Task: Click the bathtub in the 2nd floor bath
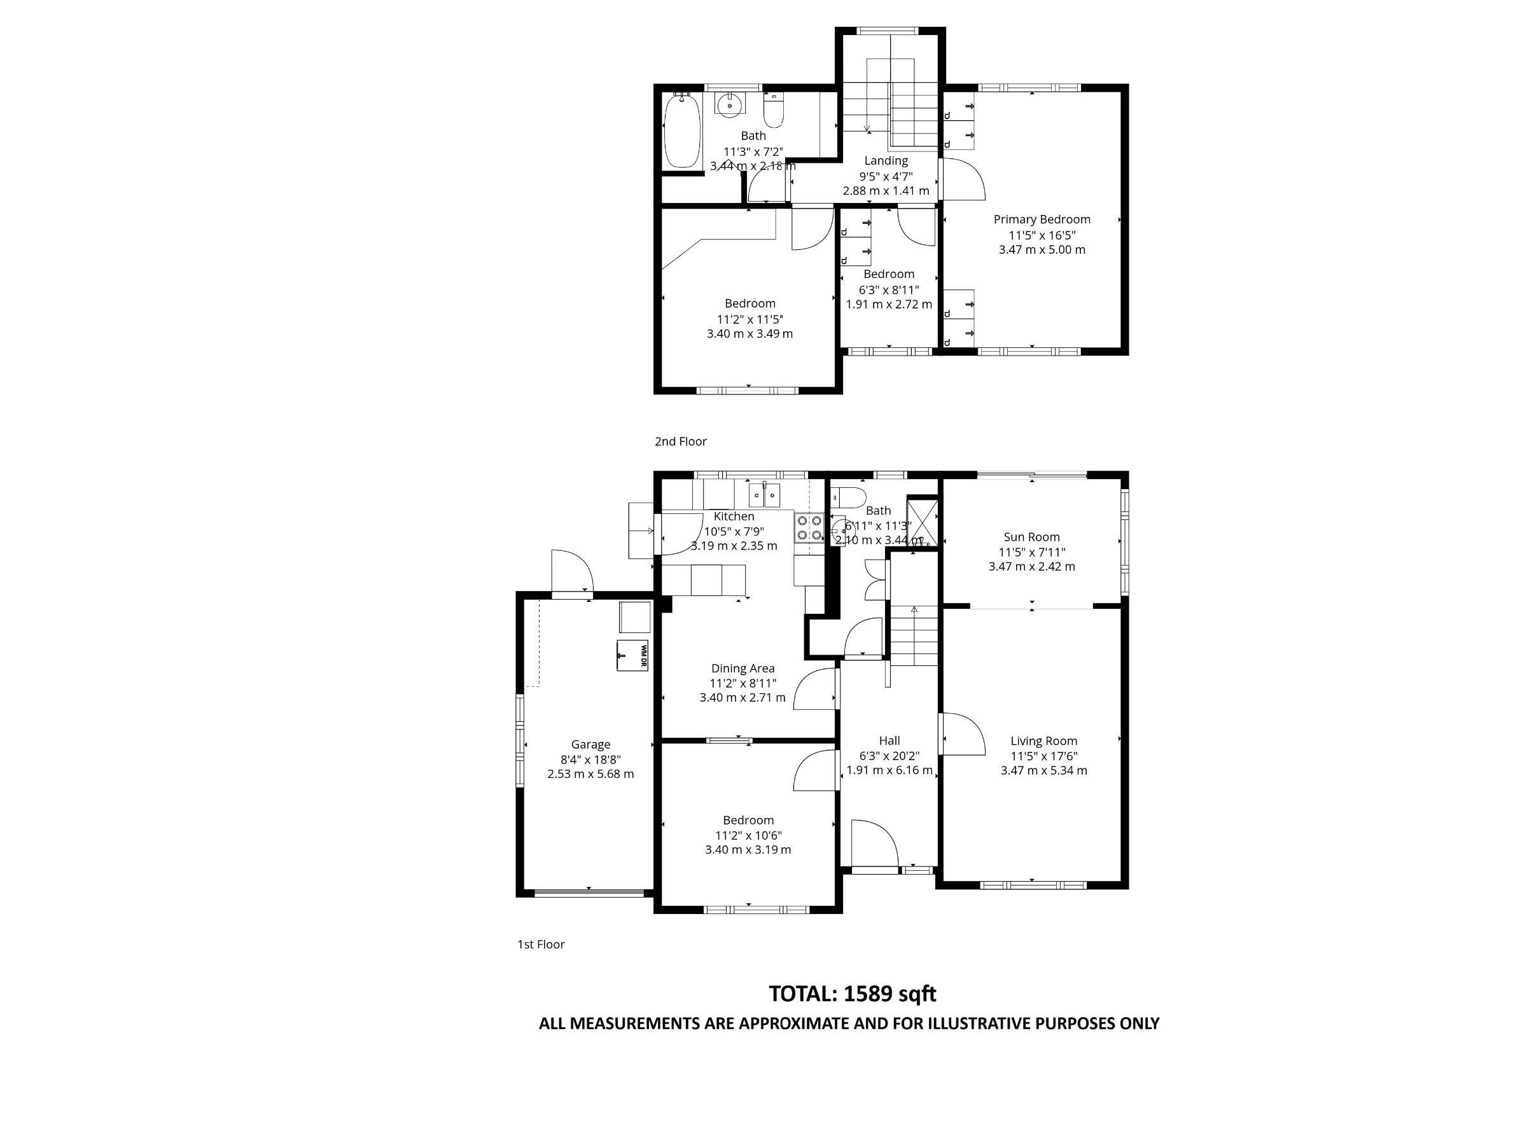pyautogui.click(x=682, y=131)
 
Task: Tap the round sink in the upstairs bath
pyautogui.click(x=730, y=106)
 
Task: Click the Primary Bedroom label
pyautogui.click(x=1042, y=219)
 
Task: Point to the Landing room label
pyautogui.click(x=886, y=161)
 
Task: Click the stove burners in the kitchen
pyautogui.click(x=809, y=527)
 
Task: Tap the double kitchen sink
pyautogui.click(x=765, y=495)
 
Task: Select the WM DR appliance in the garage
pyautogui.click(x=632, y=655)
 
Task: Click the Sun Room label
pyautogui.click(x=1031, y=537)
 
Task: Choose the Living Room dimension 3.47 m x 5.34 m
pyautogui.click(x=1044, y=770)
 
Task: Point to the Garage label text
pyautogui.click(x=590, y=744)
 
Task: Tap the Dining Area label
pyautogui.click(x=743, y=668)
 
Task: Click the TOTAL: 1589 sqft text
pyautogui.click(x=852, y=994)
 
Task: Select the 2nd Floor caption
pyautogui.click(x=681, y=441)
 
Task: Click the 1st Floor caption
pyautogui.click(x=541, y=944)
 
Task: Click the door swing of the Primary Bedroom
pyautogui.click(x=962, y=179)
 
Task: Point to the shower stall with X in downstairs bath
pyautogui.click(x=923, y=521)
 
